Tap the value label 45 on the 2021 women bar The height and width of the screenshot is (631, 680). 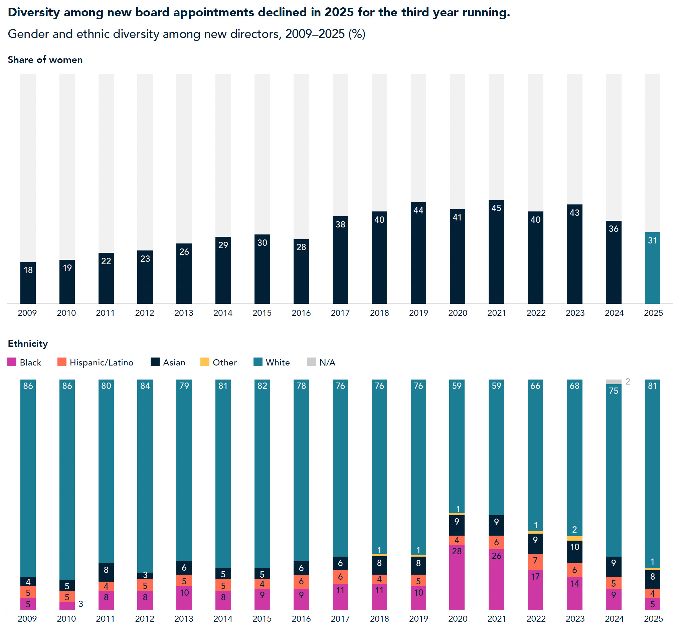tap(496, 208)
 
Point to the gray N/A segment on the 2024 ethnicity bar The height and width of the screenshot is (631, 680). tap(613, 382)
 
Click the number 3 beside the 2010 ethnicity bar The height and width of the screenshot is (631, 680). tap(81, 604)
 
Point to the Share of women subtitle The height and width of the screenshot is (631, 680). tap(45, 60)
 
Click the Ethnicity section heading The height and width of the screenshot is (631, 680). tap(28, 344)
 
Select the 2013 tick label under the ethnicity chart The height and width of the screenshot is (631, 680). tap(184, 618)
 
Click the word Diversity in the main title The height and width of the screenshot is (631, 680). tap(34, 12)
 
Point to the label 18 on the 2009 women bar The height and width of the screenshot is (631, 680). tap(28, 270)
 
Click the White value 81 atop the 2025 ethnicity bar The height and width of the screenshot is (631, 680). tap(652, 386)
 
